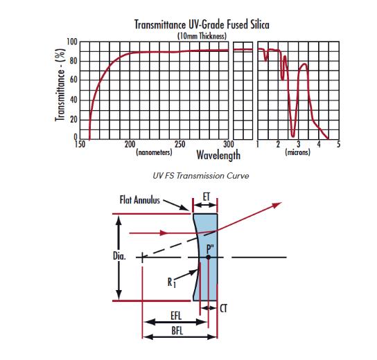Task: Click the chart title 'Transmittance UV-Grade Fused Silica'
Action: [202, 24]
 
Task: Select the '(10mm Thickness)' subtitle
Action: [202, 36]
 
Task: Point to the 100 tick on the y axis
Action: [72, 42]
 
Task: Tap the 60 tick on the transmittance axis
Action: [73, 80]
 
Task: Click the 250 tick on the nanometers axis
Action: [180, 144]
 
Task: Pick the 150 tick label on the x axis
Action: [80, 144]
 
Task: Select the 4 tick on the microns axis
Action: [319, 144]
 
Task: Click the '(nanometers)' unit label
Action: [154, 152]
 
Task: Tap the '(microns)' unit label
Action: [298, 152]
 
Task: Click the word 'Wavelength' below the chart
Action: [218, 155]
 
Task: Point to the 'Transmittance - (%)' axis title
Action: [60, 85]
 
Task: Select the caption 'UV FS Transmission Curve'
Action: [201, 176]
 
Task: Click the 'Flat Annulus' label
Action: [140, 200]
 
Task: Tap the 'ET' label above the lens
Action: [207, 197]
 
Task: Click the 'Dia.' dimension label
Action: [119, 256]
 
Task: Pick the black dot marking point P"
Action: [208, 258]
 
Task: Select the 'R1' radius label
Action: [172, 282]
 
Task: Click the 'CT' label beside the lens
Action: [223, 309]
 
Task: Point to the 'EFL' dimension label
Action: [176, 316]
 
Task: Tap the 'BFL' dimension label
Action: [177, 331]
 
